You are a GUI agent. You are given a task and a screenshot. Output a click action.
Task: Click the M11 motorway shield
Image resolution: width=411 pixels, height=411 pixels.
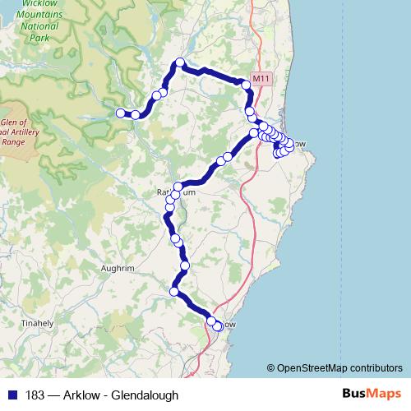261,79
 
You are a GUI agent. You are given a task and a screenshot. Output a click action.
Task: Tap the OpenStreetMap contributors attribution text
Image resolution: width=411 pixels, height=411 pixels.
340,367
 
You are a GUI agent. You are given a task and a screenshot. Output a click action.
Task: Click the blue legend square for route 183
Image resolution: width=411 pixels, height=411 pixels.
11,395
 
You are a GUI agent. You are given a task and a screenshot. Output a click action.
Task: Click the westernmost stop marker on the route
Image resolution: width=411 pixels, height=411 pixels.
121,113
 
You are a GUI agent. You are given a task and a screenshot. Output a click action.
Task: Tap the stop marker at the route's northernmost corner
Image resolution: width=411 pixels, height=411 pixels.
179,63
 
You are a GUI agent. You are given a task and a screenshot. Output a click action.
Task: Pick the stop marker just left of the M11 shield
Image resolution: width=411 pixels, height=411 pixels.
245,83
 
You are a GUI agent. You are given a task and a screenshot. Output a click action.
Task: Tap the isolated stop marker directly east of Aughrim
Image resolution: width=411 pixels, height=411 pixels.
185,266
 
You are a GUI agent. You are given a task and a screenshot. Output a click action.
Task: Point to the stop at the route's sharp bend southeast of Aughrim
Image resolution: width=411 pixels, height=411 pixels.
174,292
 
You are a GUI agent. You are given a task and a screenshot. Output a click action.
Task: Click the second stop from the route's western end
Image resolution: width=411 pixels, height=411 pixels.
136,114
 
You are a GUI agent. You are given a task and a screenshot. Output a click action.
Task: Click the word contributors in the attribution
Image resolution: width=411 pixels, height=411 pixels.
375,367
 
